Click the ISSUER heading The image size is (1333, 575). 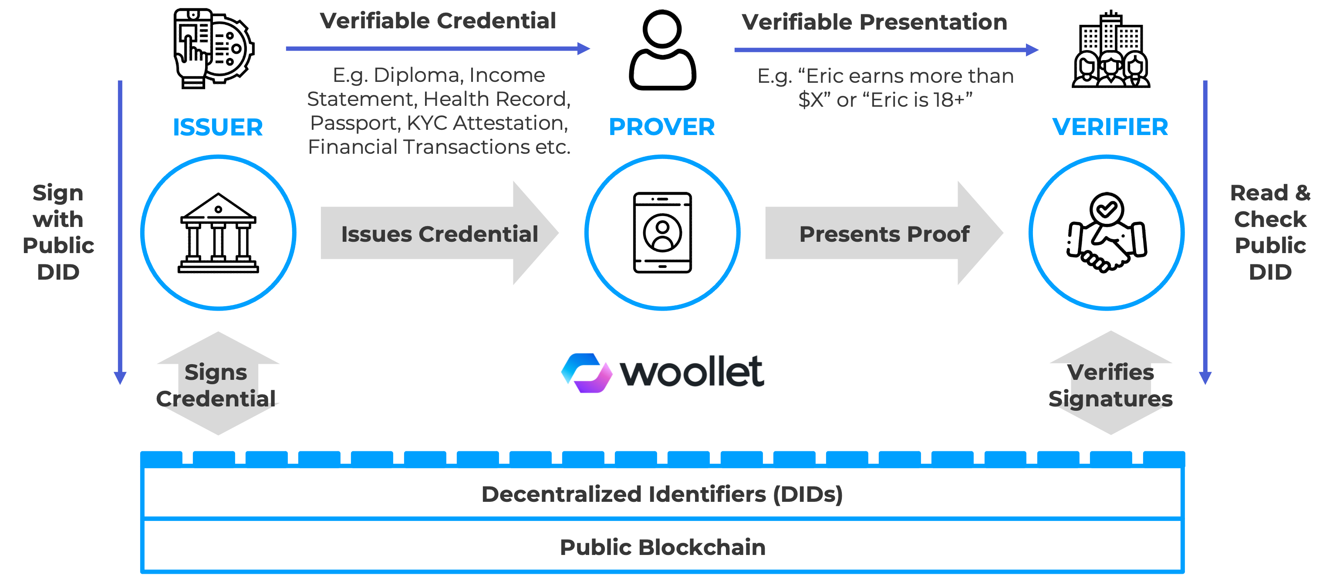pyautogui.click(x=218, y=127)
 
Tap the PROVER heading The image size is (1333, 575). pyautogui.click(x=662, y=127)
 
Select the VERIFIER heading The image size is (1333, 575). pyautogui.click(x=1110, y=127)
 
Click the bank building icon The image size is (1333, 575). pyautogui.click(x=218, y=233)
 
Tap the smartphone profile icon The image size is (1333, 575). pyautogui.click(x=662, y=233)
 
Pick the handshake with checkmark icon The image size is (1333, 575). pyautogui.click(x=1107, y=233)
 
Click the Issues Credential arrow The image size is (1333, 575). pyautogui.click(x=439, y=233)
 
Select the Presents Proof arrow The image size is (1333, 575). pyautogui.click(x=884, y=233)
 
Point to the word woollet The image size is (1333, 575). pyautogui.click(x=692, y=372)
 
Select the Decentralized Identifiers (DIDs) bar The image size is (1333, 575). pyautogui.click(x=662, y=494)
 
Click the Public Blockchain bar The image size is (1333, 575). pyautogui.click(x=662, y=547)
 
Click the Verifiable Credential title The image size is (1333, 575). pyautogui.click(x=438, y=21)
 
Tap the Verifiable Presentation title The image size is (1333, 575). pyautogui.click(x=874, y=22)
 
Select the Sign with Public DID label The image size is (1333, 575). pyautogui.click(x=58, y=232)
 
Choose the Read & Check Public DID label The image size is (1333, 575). pyautogui.click(x=1270, y=232)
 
